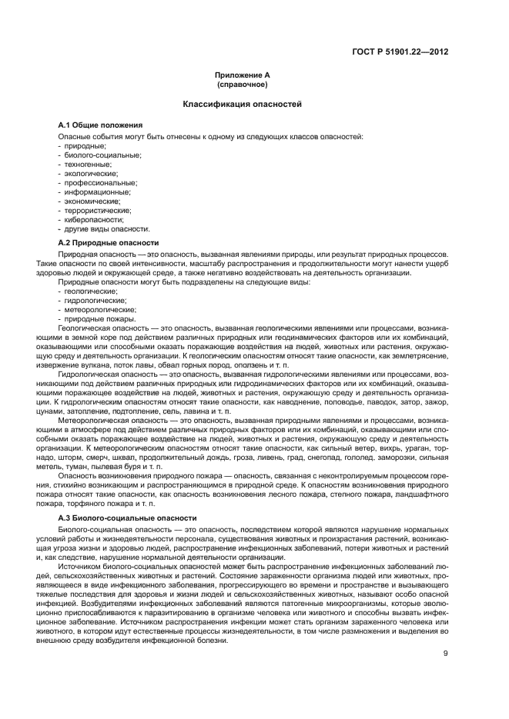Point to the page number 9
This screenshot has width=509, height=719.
pos(446,633)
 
